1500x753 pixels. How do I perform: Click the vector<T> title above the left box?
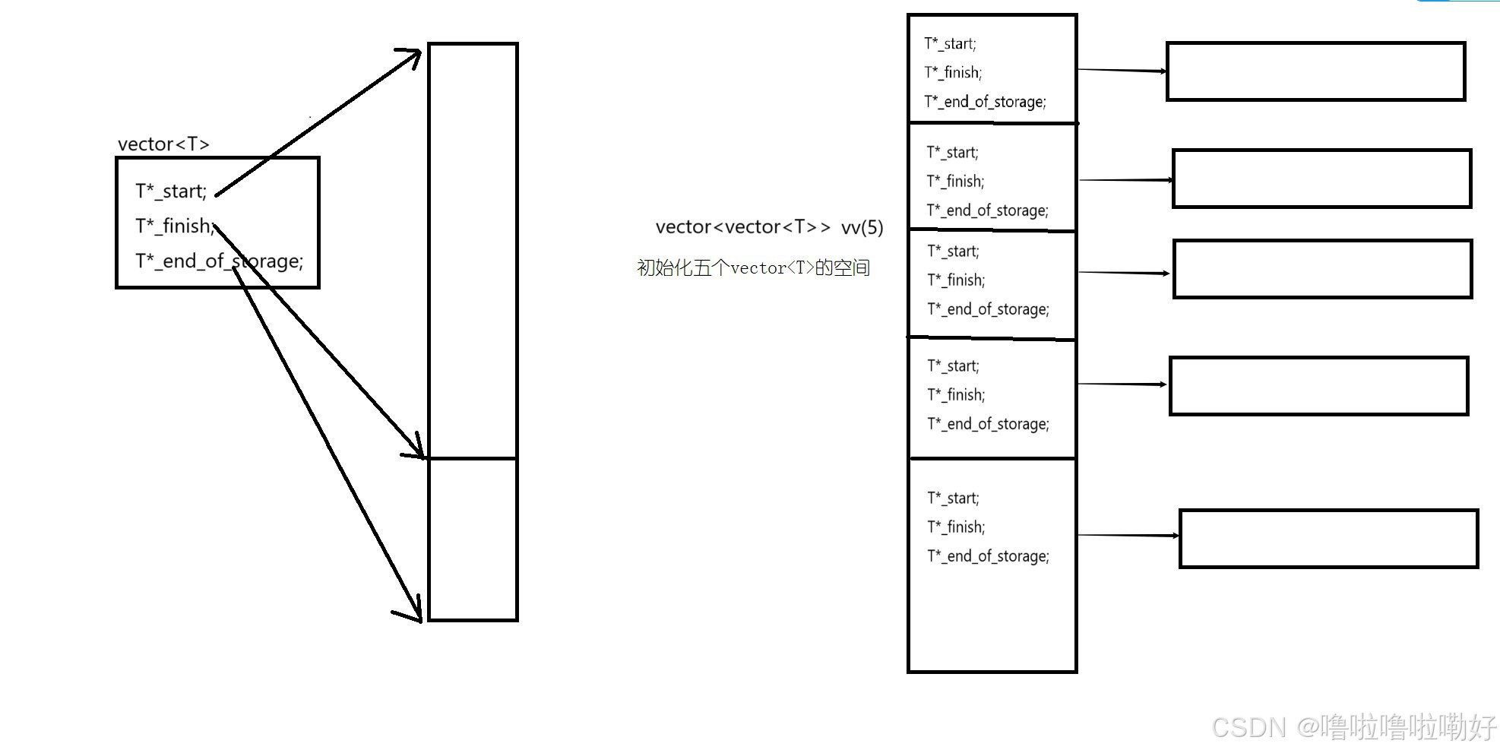[163, 144]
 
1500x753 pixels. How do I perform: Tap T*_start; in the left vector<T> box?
[171, 191]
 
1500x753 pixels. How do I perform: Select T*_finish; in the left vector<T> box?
[174, 226]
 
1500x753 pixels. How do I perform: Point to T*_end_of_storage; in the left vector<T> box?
[219, 261]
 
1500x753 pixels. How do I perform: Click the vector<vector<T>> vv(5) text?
[769, 227]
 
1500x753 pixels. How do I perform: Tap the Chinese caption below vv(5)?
[753, 267]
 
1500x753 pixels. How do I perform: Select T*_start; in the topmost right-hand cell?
[950, 43]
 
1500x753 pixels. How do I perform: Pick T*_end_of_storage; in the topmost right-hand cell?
[985, 101]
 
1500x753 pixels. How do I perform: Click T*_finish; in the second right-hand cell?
[955, 181]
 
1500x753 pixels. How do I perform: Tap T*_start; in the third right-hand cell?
[954, 251]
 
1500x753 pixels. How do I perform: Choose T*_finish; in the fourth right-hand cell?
[956, 394]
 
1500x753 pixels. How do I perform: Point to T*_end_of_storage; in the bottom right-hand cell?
[988, 555]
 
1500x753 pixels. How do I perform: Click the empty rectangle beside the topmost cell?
[1315, 71]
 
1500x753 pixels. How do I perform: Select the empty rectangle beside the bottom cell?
[1328, 539]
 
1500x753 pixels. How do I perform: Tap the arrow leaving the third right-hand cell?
[1123, 272]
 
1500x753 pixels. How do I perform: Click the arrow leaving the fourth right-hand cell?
[1122, 384]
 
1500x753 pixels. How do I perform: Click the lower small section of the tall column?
[473, 539]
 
